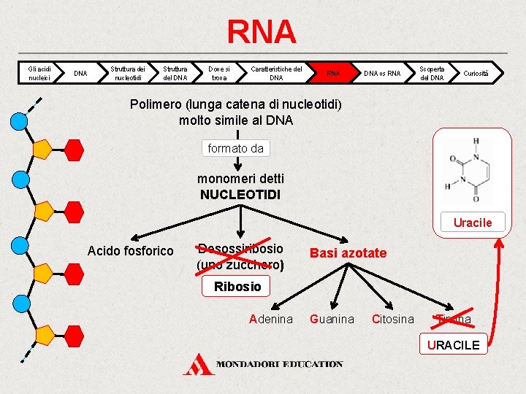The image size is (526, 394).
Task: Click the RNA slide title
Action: tap(262, 32)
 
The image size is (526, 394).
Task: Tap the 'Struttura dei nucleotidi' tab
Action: tap(128, 73)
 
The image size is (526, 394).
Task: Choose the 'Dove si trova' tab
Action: tap(218, 73)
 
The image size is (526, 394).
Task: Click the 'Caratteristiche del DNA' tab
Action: tap(276, 73)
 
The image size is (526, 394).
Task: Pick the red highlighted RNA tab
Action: tap(333, 73)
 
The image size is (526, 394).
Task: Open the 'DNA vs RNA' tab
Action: tap(382, 73)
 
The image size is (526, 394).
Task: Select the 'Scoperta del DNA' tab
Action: tap(432, 73)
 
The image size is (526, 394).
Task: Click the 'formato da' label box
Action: tap(235, 148)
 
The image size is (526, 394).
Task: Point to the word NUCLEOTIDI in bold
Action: tap(240, 195)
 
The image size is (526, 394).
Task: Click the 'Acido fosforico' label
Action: tap(130, 251)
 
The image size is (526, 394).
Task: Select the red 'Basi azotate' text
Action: tap(348, 252)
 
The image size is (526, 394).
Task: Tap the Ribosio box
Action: tap(237, 287)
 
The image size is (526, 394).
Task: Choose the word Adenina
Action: tap(270, 319)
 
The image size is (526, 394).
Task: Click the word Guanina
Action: tap(332, 319)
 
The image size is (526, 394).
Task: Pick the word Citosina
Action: tap(392, 319)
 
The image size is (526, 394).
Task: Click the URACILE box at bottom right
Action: tap(454, 344)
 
